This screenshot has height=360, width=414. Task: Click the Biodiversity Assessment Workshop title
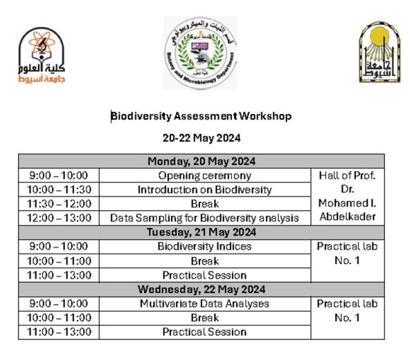pos(201,116)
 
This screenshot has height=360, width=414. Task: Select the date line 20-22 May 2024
pos(201,137)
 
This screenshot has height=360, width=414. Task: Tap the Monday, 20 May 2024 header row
pos(201,161)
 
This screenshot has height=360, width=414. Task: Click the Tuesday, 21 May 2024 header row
pos(201,232)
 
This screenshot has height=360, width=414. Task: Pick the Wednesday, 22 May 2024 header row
pos(201,289)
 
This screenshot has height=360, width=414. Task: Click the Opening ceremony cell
pos(204,175)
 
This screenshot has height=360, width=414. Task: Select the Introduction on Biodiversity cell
pos(204,190)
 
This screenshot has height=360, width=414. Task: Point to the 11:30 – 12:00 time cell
pos(59,203)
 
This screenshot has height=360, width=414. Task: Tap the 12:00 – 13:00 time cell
pos(59,218)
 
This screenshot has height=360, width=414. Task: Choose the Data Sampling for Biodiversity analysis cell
pos(204,218)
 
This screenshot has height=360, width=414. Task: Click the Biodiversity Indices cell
pos(204,246)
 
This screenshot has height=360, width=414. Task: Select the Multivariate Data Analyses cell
pos(204,303)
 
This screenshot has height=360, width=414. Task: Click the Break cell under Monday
pos(204,203)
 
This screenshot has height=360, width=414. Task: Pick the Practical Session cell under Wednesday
pos(204,332)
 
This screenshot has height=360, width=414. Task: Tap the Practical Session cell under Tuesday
pos(204,275)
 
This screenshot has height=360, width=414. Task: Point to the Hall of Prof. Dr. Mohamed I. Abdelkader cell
pos(347,197)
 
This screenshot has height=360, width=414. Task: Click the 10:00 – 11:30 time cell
pos(59,190)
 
